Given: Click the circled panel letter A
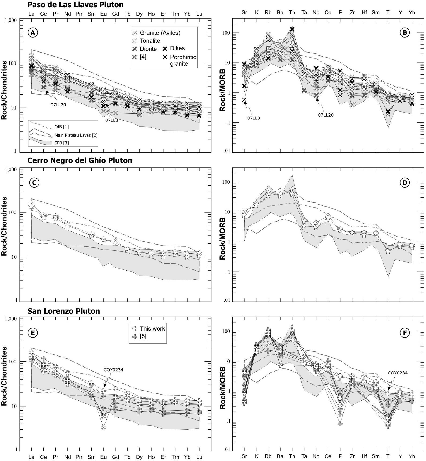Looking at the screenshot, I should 33,33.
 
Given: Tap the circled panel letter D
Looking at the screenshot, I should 405,183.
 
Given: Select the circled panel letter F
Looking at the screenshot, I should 405,333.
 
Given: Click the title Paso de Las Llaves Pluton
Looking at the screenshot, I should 76,5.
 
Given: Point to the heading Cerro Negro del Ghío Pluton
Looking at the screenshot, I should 80,160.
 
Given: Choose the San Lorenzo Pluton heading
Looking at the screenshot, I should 64,311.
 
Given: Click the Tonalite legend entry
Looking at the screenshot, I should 150,41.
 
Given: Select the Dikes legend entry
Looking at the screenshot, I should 177,48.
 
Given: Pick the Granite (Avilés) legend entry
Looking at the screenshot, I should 160,33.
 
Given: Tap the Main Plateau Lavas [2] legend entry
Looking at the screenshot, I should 76,135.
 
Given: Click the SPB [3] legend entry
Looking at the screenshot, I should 62,143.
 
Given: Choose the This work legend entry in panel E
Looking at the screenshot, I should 152,328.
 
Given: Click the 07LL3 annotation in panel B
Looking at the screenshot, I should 253,118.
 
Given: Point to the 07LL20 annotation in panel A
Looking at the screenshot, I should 58,105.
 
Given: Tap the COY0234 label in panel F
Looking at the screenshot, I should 398,373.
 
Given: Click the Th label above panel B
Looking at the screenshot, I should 292,12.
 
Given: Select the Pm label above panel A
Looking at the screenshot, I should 80,14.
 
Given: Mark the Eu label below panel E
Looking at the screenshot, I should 103,457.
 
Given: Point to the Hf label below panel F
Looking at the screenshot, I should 364,456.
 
